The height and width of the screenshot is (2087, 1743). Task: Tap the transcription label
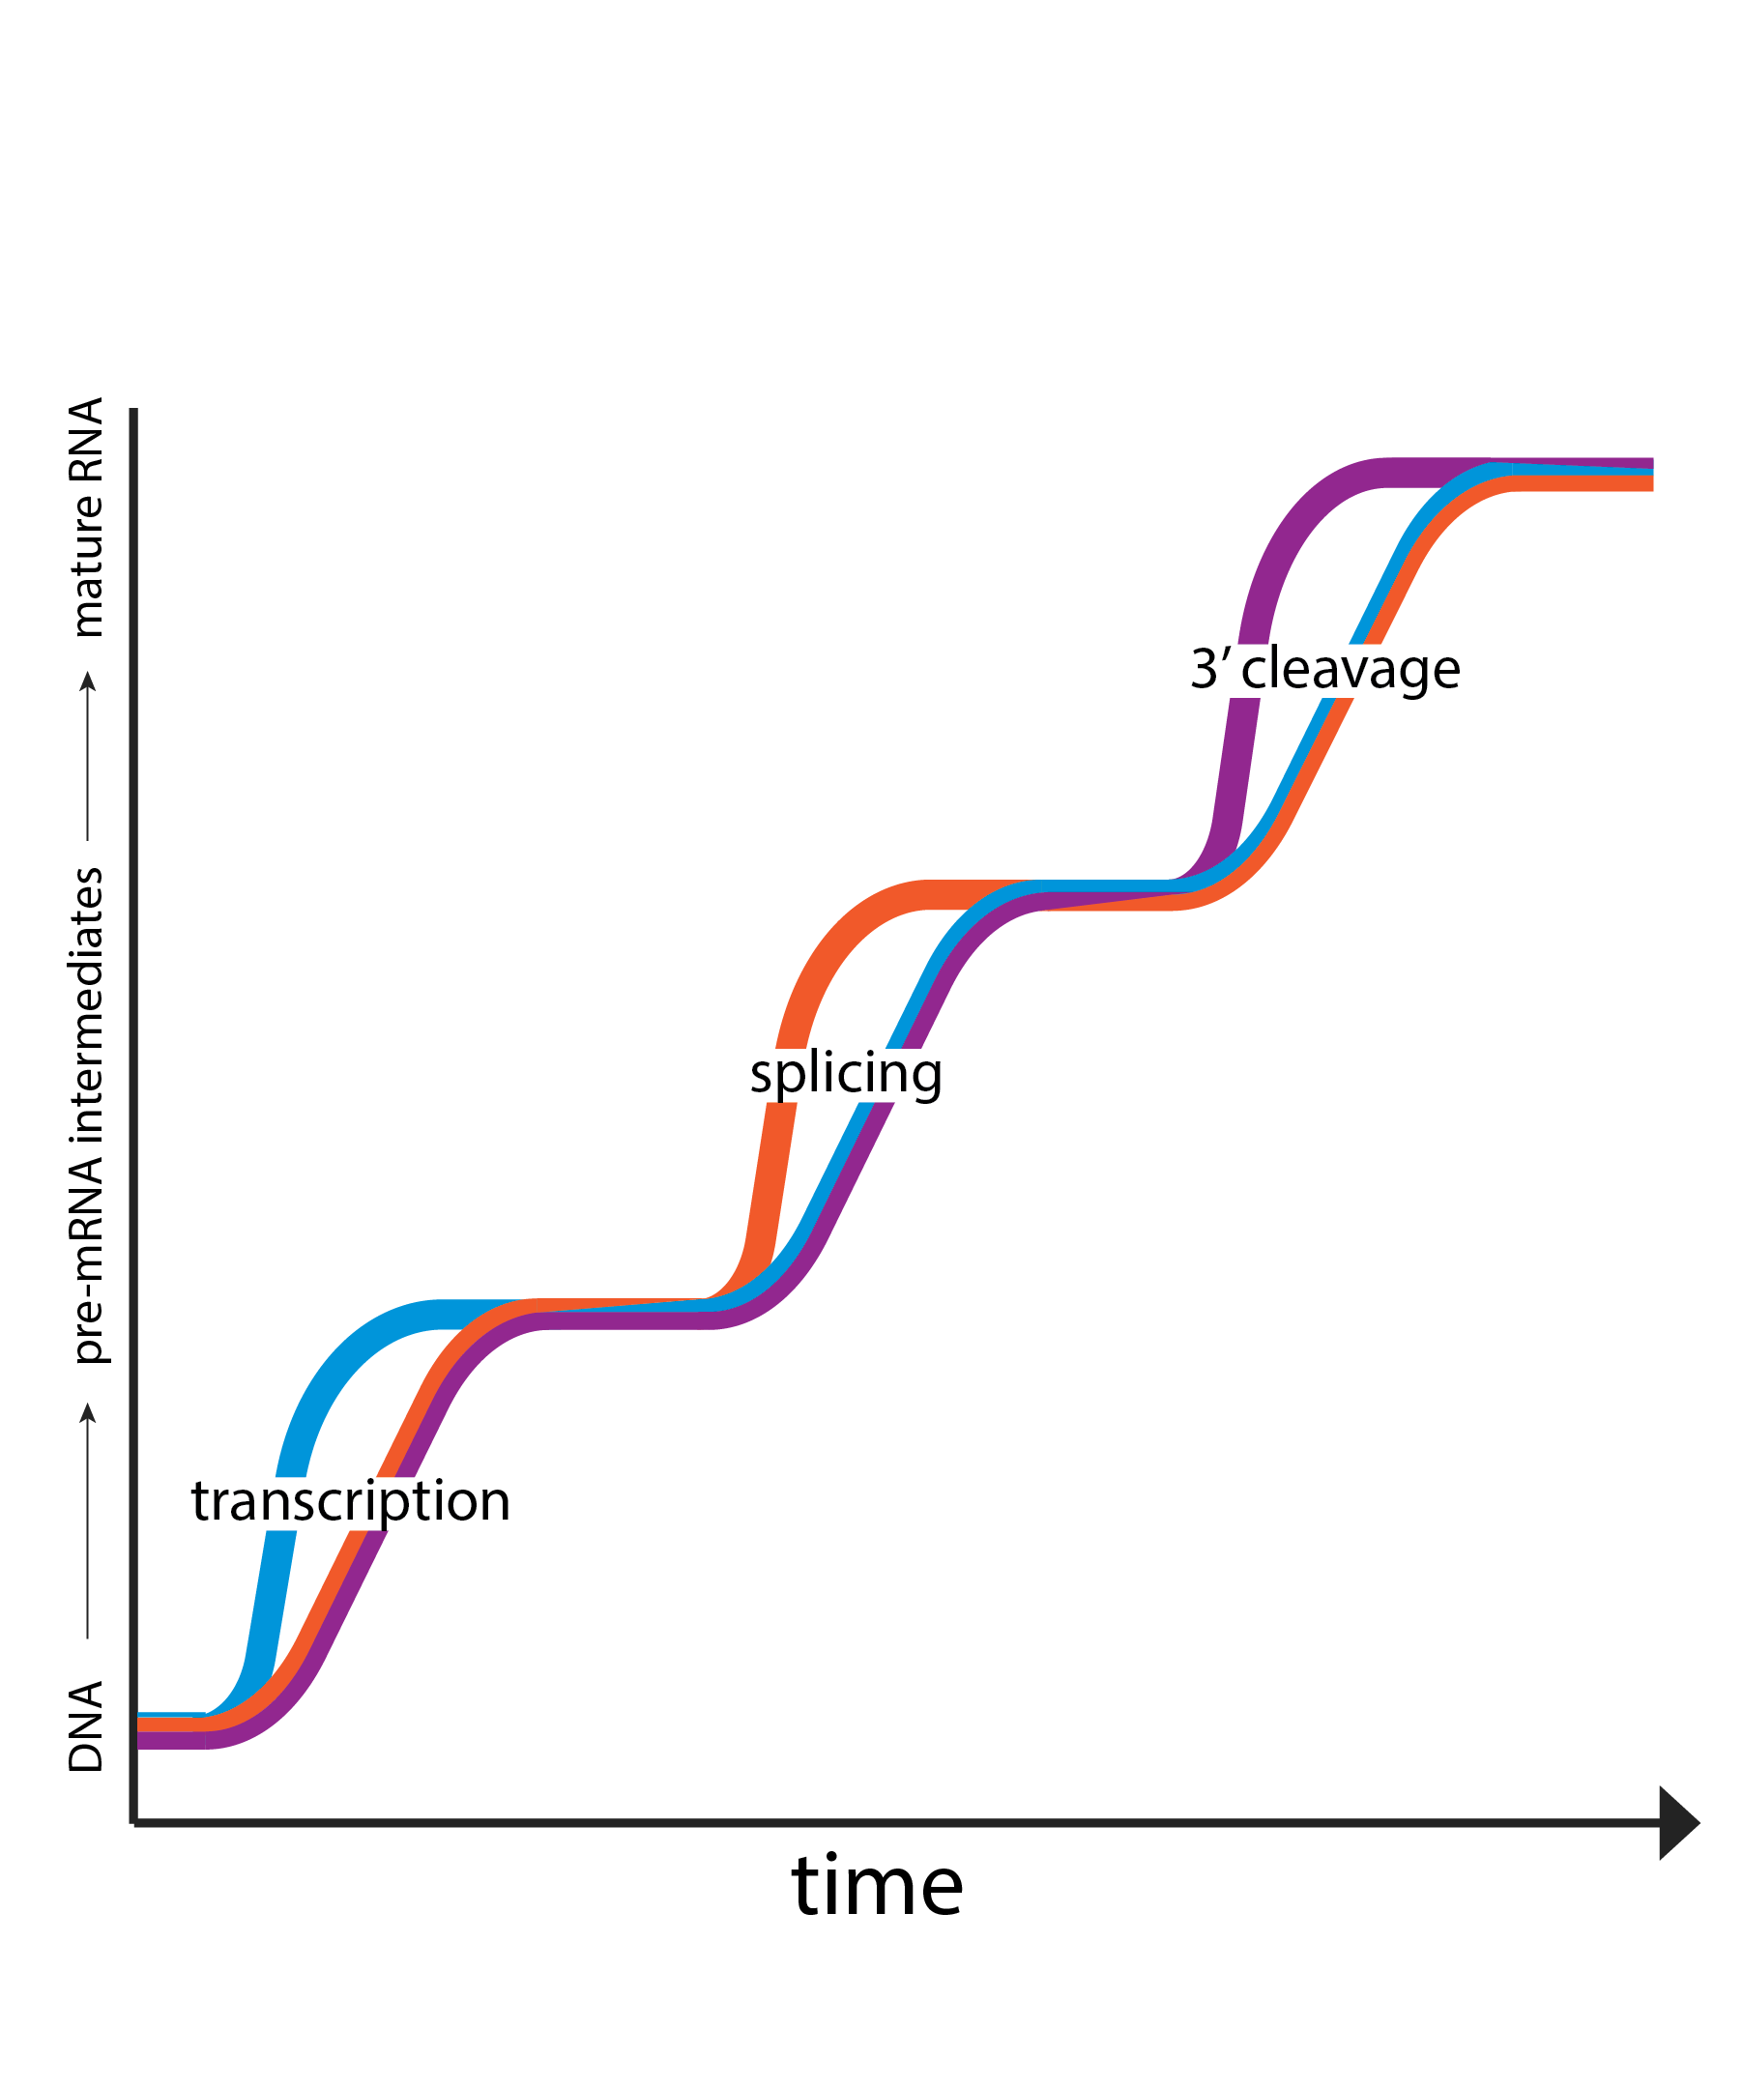tap(350, 1501)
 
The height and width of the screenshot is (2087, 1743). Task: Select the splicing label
tap(845, 1074)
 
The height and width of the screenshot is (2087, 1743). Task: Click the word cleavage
tap(1351, 670)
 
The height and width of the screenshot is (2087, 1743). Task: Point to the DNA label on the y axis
tap(86, 1727)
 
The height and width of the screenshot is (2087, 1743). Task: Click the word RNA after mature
tap(86, 439)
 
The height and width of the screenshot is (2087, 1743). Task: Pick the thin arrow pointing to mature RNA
tap(87, 755)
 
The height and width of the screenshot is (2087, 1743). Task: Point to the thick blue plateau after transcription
tap(467, 1315)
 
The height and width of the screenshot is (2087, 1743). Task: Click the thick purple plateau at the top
tap(1421, 472)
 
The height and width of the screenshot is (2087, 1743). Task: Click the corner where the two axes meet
tap(134, 1821)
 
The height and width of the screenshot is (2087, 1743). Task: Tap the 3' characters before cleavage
tap(1210, 669)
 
